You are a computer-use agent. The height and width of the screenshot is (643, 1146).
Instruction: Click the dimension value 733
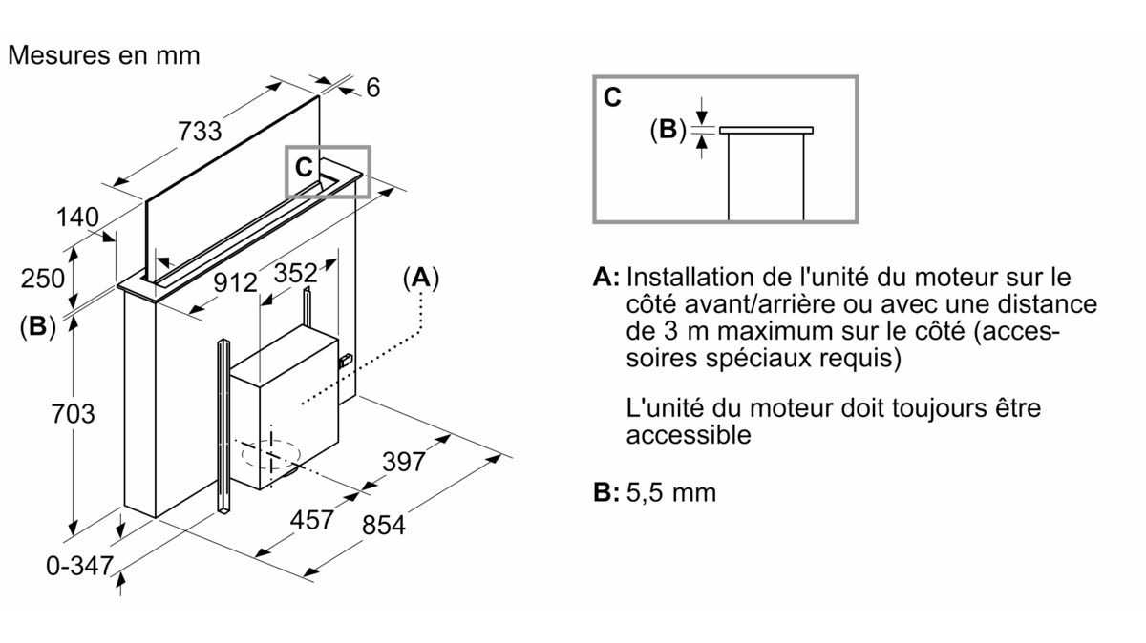pyautogui.click(x=201, y=132)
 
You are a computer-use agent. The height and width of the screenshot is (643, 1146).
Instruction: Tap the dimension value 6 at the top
pyautogui.click(x=372, y=88)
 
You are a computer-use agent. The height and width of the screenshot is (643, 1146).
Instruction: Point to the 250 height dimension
pyautogui.click(x=44, y=279)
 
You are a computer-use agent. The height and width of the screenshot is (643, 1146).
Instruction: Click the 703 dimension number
pyautogui.click(x=74, y=414)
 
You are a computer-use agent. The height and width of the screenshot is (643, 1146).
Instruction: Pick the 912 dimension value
pyautogui.click(x=235, y=283)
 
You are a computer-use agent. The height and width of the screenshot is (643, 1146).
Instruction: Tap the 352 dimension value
pyautogui.click(x=295, y=274)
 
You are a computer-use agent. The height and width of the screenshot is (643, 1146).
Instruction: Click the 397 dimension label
pyautogui.click(x=403, y=462)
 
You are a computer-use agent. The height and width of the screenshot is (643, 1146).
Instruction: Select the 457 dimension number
pyautogui.click(x=312, y=520)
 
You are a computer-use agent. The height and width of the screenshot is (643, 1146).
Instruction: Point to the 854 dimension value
pyautogui.click(x=383, y=526)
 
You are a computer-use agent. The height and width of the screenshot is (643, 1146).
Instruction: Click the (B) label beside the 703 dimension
pyautogui.click(x=37, y=326)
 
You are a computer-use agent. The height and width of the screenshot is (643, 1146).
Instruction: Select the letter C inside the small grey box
pyautogui.click(x=303, y=168)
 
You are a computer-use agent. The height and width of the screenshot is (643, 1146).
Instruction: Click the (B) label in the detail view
pyautogui.click(x=668, y=130)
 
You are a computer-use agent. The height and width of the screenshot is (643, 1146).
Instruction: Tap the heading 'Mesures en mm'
pyautogui.click(x=103, y=55)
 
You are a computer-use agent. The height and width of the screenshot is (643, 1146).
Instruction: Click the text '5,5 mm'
pyautogui.click(x=671, y=492)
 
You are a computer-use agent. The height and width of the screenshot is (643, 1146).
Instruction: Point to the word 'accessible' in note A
pyautogui.click(x=689, y=435)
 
